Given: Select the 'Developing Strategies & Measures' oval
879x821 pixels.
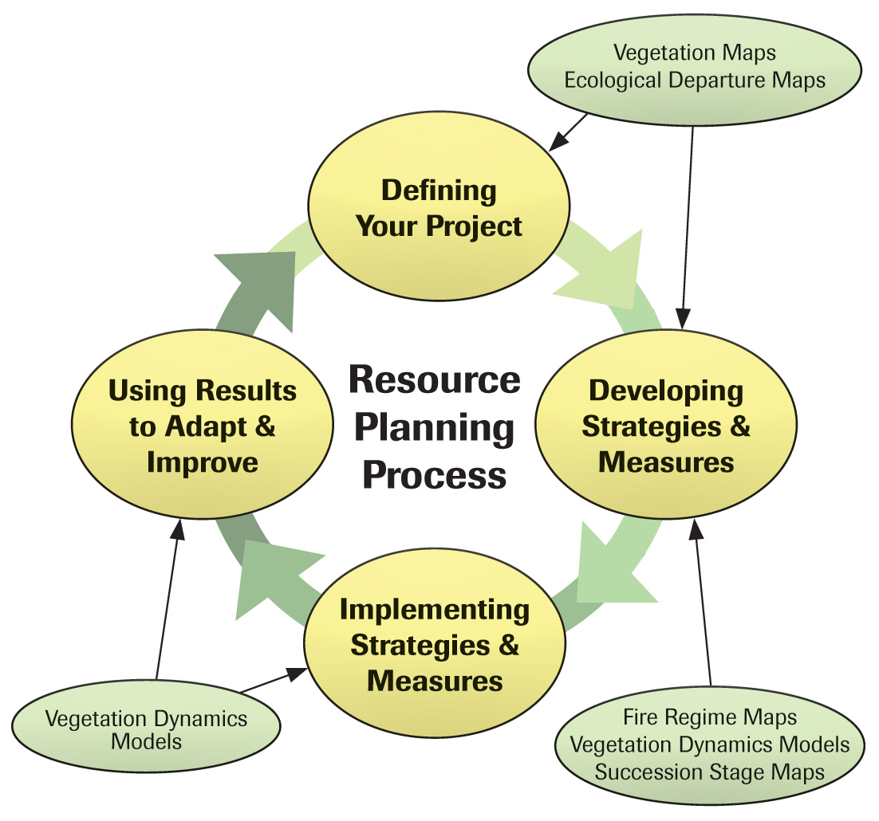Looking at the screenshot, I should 665,426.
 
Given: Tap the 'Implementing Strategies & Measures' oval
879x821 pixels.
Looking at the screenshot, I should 435,646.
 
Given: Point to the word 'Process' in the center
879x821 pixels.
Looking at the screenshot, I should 435,475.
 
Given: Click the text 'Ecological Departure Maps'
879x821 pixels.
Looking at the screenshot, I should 694,81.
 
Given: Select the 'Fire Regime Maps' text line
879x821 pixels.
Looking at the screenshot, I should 709,717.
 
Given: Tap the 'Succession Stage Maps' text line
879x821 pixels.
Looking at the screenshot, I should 709,772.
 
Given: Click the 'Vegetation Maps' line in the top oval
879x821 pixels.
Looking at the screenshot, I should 694,54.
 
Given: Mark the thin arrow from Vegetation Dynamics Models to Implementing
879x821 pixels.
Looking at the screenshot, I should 271,682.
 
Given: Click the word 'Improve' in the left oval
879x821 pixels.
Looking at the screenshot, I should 203,462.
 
